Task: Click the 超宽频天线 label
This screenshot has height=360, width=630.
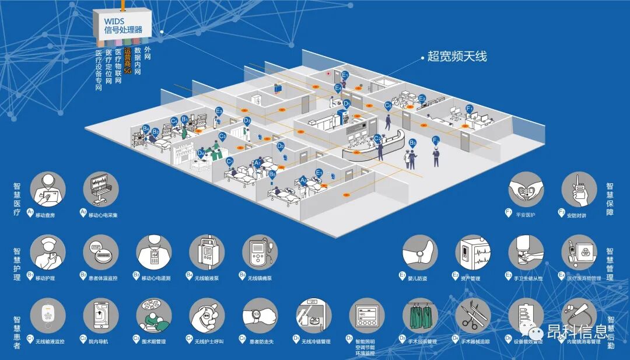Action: tap(457, 57)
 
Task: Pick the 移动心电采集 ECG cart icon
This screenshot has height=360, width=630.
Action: tap(101, 189)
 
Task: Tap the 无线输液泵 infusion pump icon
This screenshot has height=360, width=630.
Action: tap(207, 253)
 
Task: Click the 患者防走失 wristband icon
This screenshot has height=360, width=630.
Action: tap(260, 316)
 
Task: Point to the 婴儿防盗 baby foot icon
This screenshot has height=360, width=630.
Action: tap(419, 253)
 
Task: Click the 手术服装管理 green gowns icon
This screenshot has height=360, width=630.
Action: tap(419, 316)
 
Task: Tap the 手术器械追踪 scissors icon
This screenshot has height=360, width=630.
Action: tap(473, 316)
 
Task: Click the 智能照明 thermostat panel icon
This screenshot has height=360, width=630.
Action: tap(367, 316)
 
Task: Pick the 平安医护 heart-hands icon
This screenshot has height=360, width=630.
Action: tap(526, 189)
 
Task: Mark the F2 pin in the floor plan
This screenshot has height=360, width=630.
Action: tap(435, 141)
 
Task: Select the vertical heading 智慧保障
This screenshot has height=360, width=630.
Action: tap(610, 198)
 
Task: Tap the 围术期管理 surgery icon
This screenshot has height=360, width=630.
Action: tap(154, 316)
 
